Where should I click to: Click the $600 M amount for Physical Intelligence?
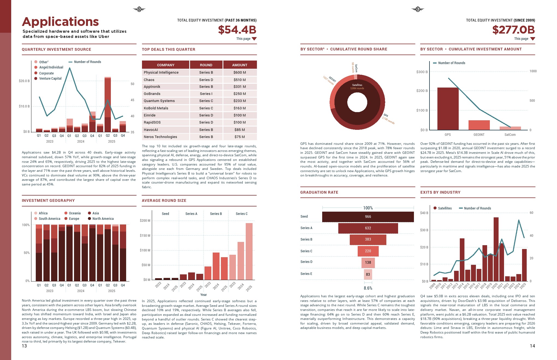(239, 73)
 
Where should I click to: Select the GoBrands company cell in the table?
(152, 94)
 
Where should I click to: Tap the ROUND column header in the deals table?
(206, 65)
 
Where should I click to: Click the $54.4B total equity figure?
(237, 30)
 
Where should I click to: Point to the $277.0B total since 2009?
(513, 30)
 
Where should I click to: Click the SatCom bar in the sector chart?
(510, 128)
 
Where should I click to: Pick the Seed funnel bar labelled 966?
(368, 217)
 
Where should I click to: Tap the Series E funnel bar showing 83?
(368, 274)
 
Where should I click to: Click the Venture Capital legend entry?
(50, 79)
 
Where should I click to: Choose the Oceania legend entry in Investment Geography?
(75, 213)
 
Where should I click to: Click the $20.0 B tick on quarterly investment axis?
(24, 81)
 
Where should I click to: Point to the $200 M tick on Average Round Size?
(145, 221)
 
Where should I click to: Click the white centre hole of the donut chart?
(357, 102)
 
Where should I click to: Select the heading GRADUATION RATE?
(319, 192)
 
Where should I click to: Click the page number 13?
(24, 346)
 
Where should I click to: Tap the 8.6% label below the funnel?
(368, 288)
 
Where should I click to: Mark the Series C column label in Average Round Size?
(241, 214)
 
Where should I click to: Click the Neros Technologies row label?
(160, 137)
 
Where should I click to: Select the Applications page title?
(60, 22)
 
